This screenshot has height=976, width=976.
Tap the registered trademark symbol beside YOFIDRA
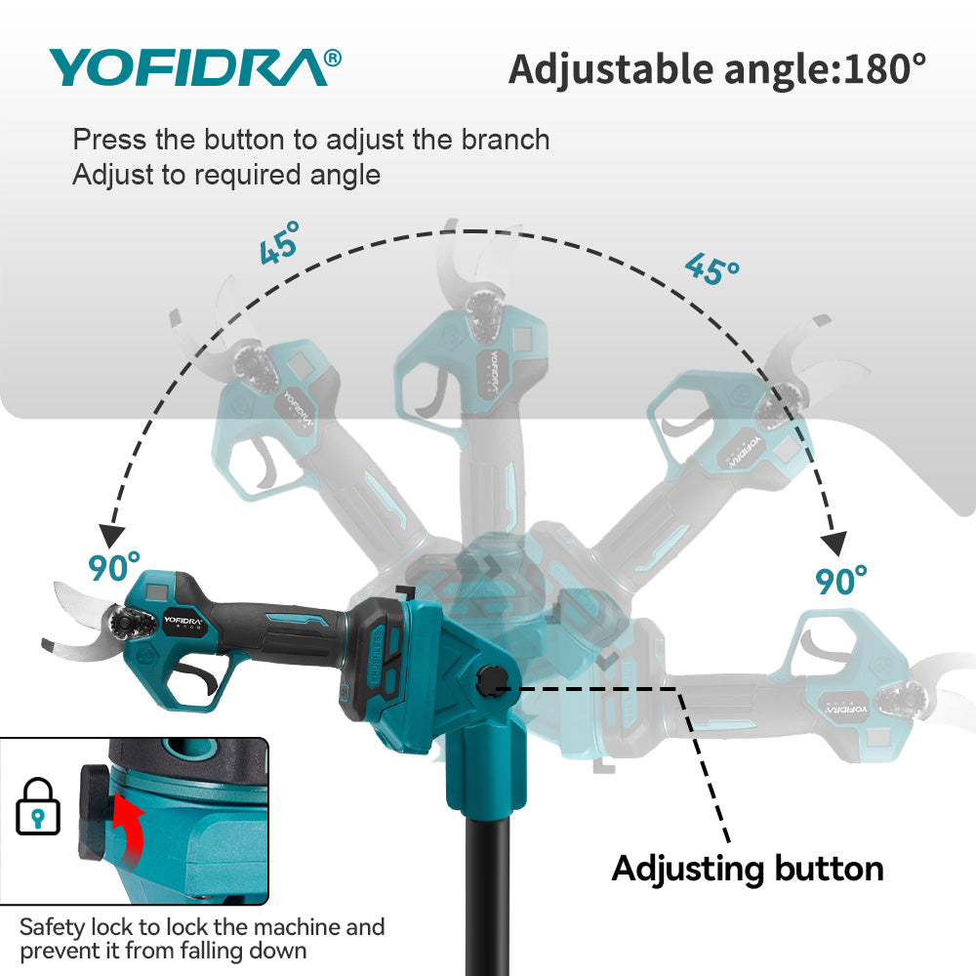332,59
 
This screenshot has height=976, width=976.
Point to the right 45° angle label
712,267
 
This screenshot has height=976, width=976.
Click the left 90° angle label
115,566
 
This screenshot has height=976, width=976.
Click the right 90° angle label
841,580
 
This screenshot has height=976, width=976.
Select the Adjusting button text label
748,868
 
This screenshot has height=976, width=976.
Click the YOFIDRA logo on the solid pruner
182,619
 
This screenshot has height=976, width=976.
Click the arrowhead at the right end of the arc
835,544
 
